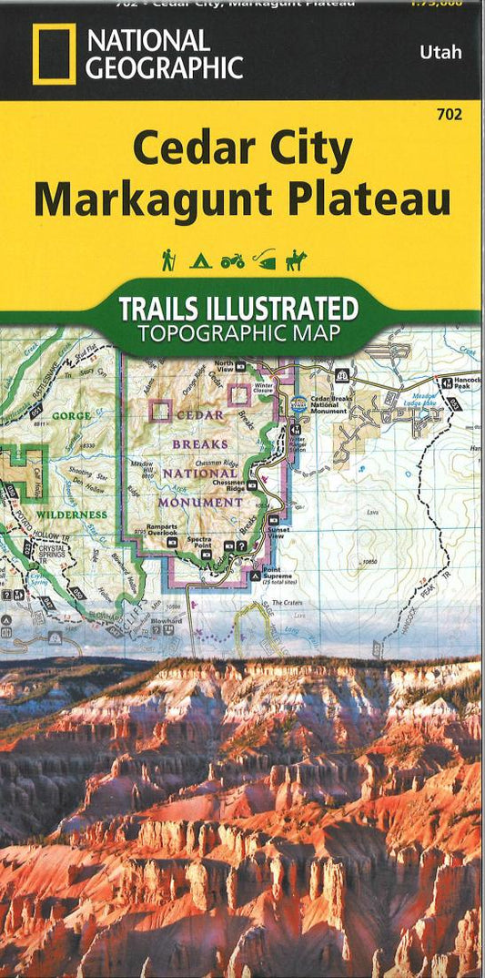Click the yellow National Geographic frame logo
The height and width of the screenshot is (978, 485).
point(54,55)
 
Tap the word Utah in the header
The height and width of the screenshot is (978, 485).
point(440,52)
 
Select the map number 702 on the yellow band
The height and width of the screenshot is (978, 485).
point(449,114)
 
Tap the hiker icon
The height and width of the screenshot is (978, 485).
point(168,260)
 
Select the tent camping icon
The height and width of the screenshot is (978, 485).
point(200,261)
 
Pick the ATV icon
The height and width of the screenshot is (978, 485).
point(232,261)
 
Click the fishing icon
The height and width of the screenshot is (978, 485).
point(264,260)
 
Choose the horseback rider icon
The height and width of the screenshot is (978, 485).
point(296,260)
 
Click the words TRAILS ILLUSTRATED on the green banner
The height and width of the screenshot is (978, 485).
point(238,308)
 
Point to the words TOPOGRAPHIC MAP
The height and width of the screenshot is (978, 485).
point(239,332)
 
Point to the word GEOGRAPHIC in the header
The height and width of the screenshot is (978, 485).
point(164,67)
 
